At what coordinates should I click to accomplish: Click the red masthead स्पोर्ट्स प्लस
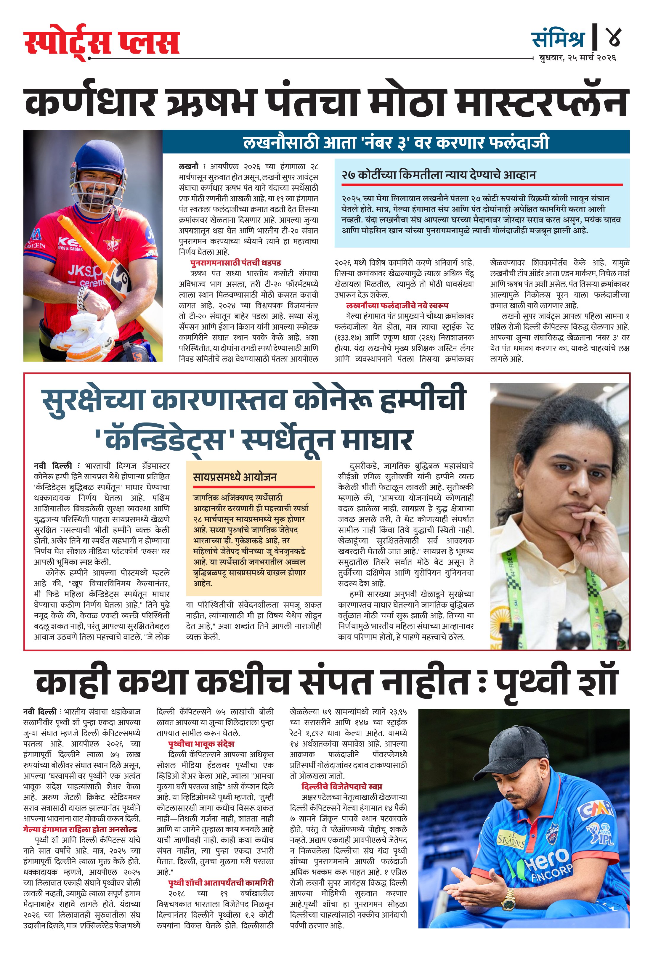(x=101, y=43)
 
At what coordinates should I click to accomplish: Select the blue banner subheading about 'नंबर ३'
(x=396, y=142)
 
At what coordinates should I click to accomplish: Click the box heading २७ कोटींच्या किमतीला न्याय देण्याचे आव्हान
(x=439, y=175)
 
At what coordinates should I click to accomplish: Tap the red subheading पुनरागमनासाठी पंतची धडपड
(x=236, y=262)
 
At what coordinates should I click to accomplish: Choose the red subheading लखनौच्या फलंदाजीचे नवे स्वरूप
(x=397, y=305)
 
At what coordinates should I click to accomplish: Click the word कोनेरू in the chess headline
(x=335, y=399)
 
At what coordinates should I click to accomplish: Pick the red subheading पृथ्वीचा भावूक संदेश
(x=201, y=744)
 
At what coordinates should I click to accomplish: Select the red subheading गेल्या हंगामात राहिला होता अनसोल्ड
(x=80, y=829)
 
